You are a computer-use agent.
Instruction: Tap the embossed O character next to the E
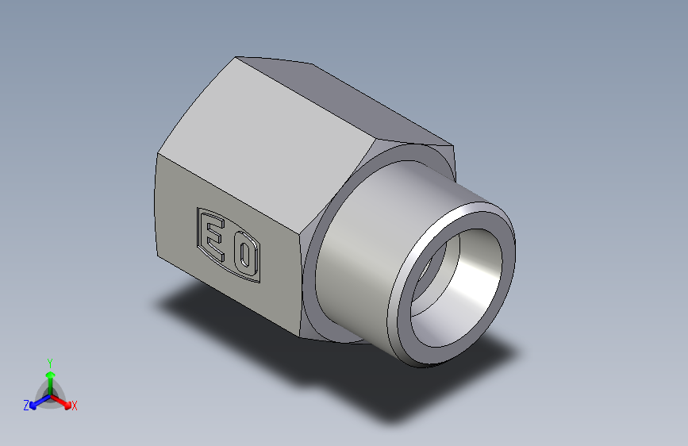(x=245, y=256)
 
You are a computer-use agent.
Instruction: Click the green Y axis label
(x=49, y=361)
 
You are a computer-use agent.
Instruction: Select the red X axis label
(x=75, y=406)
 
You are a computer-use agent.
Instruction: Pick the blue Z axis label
(x=25, y=405)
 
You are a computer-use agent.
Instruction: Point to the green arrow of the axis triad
(x=50, y=377)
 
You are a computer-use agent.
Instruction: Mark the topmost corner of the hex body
(x=237, y=56)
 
